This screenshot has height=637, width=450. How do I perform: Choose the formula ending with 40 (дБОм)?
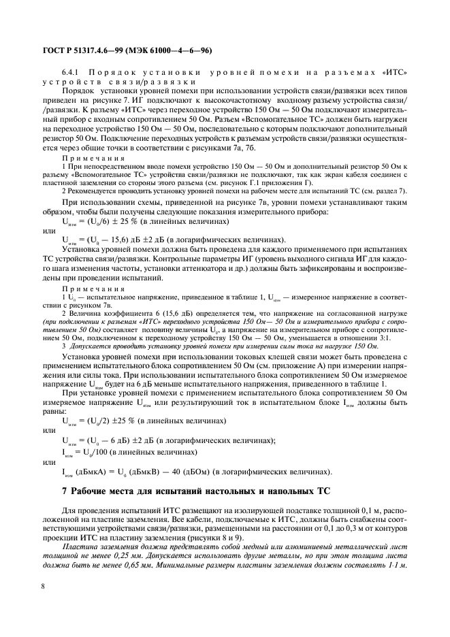tap(184, 472)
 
